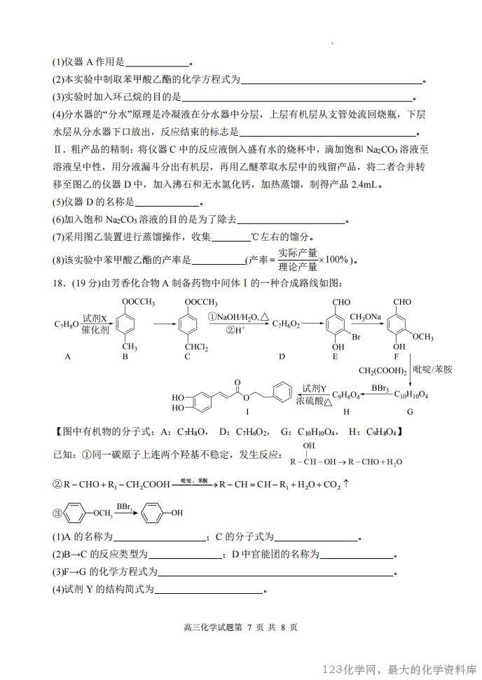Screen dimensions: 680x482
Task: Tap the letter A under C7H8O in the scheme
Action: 68,356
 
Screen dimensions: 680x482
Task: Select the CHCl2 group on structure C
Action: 198,347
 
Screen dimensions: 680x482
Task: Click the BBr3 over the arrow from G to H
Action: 380,387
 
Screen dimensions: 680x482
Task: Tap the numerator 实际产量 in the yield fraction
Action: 298,253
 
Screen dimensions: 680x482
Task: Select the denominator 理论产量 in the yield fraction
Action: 298,266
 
